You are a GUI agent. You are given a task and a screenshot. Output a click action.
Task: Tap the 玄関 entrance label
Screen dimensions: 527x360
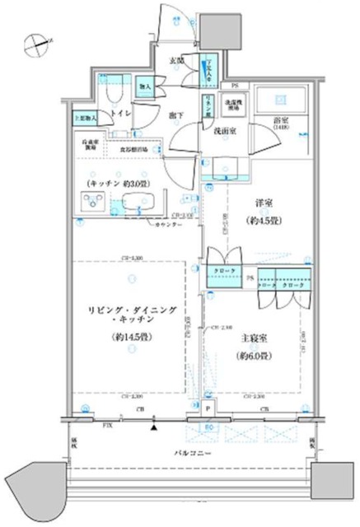(x=177, y=60)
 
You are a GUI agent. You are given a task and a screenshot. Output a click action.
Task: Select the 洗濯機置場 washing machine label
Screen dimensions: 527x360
(x=234, y=105)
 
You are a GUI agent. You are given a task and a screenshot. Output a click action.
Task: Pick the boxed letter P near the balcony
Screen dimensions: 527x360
(x=208, y=409)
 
